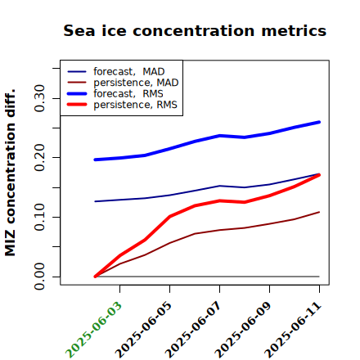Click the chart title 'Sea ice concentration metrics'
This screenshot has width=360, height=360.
pos(195,30)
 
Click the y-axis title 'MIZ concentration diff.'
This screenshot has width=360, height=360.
pos(10,173)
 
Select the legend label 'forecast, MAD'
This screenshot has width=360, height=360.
pos(129,71)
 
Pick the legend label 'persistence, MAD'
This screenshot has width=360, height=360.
pos(136,83)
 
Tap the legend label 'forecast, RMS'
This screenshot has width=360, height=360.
pos(128,93)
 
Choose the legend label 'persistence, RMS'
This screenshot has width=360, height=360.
pos(135,105)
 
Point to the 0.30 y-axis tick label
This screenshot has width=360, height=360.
pos(39,98)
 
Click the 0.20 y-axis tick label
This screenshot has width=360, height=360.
pos(39,158)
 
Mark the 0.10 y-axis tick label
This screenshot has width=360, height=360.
pos(39,217)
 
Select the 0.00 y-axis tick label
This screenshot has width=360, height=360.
pos(39,277)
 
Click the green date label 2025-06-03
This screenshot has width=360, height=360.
pos(93,330)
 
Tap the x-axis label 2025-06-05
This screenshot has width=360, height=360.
pos(143,330)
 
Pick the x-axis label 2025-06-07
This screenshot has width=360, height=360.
pos(193,330)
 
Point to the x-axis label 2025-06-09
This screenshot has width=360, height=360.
pos(243,330)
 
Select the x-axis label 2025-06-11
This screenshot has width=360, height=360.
pos(293,330)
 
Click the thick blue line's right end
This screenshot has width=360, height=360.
pos(319,122)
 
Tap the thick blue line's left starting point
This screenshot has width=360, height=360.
pos(95,160)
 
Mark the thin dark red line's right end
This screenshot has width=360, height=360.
pos(319,212)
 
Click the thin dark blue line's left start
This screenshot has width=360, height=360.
pos(95,201)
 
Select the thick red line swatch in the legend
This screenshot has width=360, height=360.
pos(77,105)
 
